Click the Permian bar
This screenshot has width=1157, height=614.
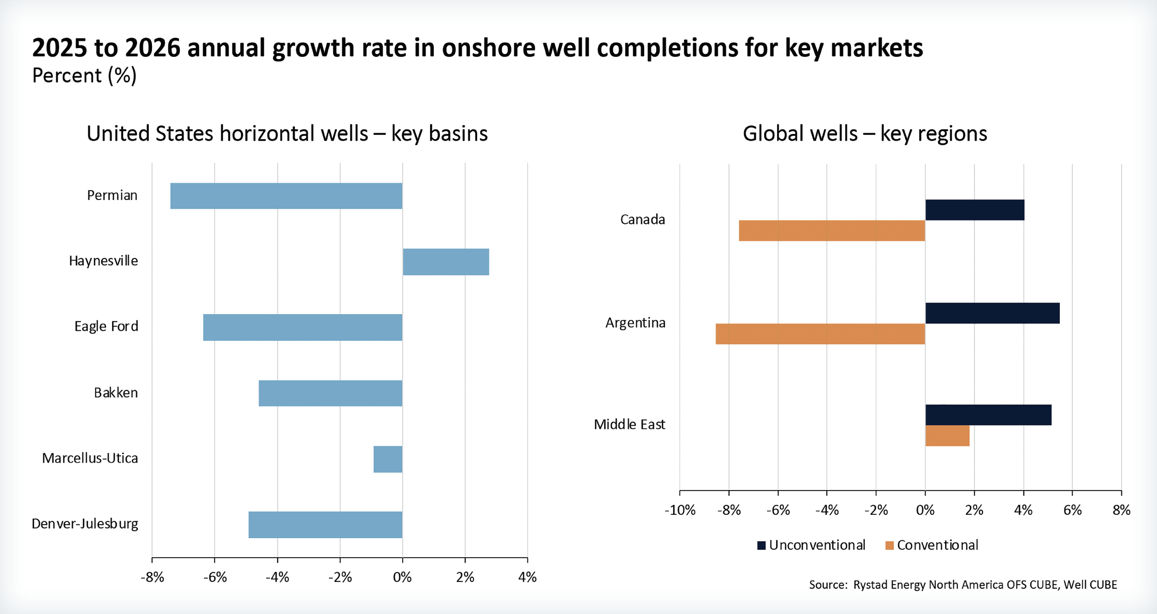click(286, 196)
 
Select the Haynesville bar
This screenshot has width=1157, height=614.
click(446, 262)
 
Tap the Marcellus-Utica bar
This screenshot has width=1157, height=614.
click(388, 459)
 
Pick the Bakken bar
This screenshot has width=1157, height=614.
click(330, 393)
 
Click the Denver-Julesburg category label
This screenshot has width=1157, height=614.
click(85, 524)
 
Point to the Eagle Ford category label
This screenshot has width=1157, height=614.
click(106, 327)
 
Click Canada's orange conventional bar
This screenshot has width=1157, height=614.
click(832, 231)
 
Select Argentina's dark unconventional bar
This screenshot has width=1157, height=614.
click(992, 313)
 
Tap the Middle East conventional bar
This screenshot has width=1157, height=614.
click(947, 436)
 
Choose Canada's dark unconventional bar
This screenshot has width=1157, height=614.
click(975, 210)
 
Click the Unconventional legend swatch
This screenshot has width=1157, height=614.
click(762, 545)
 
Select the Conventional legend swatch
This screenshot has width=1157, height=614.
click(890, 545)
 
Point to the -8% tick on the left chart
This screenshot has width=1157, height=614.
click(152, 577)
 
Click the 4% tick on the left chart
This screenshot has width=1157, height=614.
click(527, 577)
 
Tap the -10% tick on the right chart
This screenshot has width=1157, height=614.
click(679, 511)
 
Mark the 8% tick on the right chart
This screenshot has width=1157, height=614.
click(1121, 511)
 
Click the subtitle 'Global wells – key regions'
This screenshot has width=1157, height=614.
click(865, 133)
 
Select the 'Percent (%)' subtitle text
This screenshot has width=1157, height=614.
click(84, 75)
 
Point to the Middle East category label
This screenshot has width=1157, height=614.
click(629, 425)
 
